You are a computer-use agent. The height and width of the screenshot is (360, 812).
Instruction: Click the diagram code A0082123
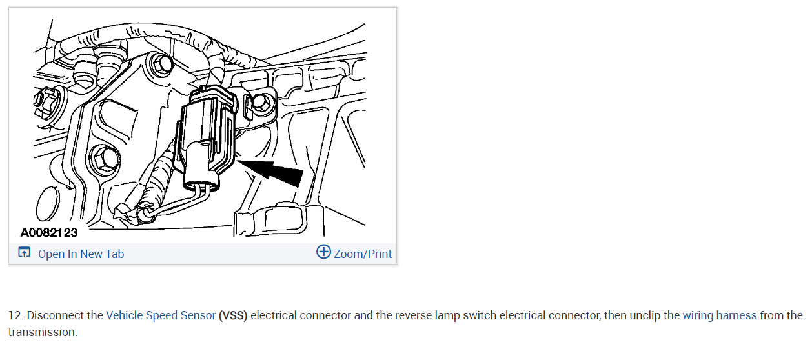point(49,232)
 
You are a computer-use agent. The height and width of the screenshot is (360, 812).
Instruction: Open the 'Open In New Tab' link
point(81,254)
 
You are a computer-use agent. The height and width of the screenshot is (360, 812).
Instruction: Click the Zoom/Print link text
point(363,254)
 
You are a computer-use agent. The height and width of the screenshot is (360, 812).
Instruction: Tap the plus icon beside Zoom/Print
point(323,252)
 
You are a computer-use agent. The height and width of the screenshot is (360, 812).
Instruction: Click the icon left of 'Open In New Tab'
point(25,253)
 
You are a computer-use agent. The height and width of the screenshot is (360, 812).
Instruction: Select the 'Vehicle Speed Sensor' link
point(161,315)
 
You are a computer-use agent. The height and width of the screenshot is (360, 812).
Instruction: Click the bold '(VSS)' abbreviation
point(233,315)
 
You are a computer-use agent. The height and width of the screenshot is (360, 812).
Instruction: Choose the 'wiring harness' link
point(719,315)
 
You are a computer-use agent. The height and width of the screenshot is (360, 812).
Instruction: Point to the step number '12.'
point(16,315)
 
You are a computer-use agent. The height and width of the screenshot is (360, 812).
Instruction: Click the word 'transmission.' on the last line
point(43,332)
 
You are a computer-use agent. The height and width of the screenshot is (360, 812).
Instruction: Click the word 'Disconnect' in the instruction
point(56,315)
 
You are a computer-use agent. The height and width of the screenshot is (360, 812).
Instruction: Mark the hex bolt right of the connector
point(261,101)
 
